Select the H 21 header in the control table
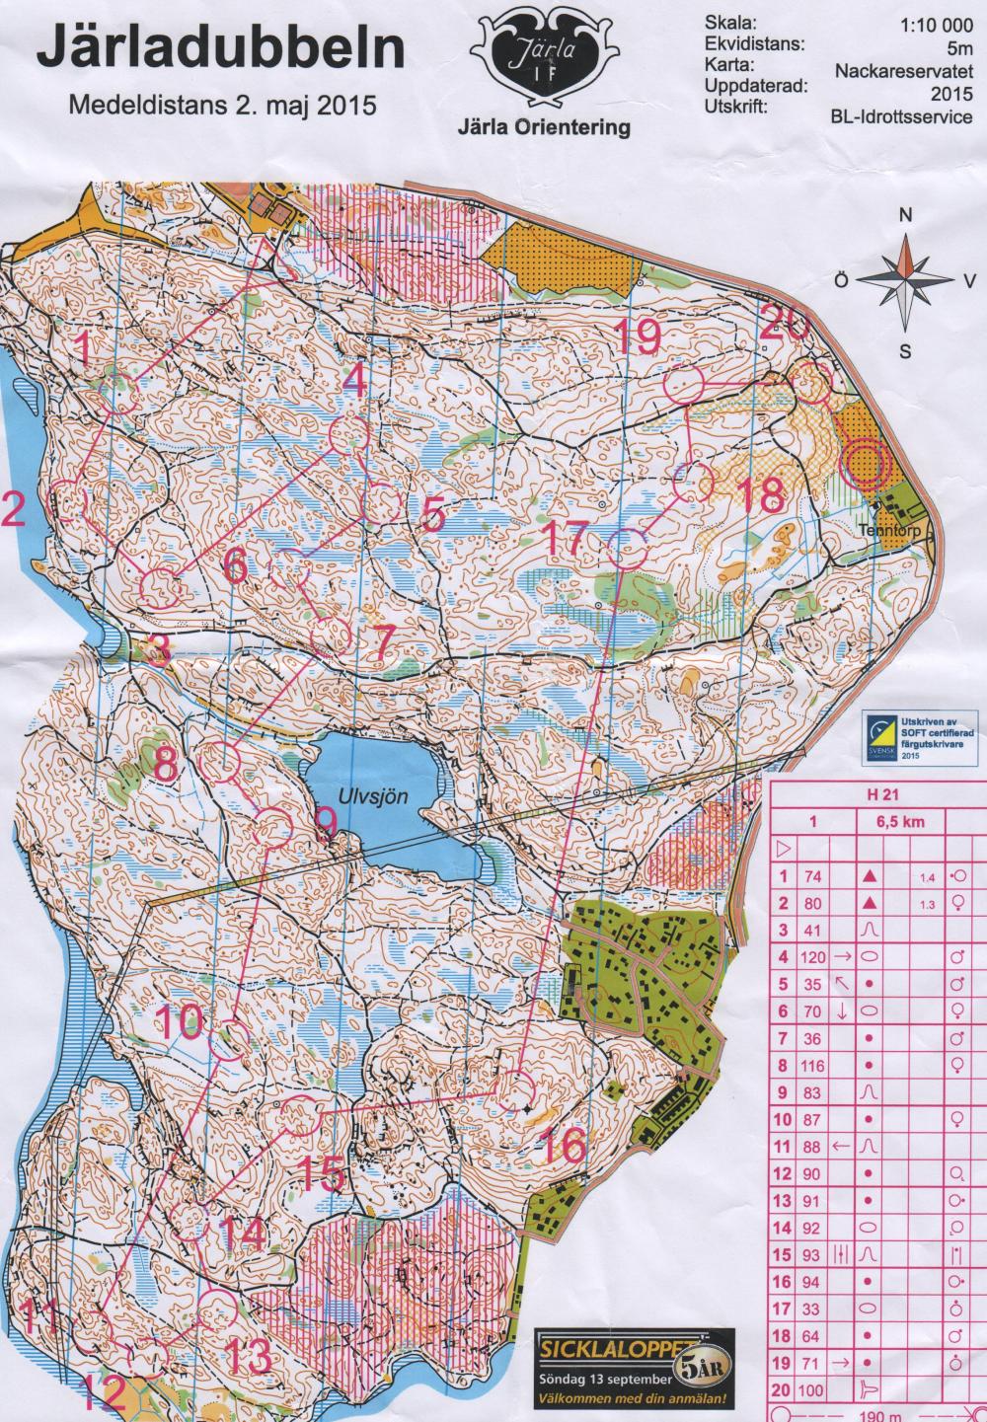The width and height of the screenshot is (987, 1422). coord(870,795)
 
